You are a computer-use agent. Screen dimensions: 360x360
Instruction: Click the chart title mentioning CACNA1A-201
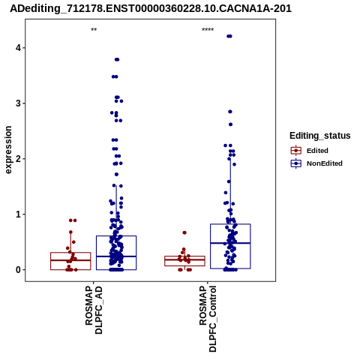(x=151, y=8)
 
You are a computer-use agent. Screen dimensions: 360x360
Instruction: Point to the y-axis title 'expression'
(x=8, y=150)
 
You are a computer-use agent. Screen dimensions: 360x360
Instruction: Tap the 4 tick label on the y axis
(x=18, y=48)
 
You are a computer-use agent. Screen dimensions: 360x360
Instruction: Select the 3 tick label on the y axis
(x=18, y=103)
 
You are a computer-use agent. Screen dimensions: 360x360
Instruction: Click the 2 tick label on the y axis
(x=18, y=159)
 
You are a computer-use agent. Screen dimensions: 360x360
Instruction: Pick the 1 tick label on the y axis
(x=18, y=214)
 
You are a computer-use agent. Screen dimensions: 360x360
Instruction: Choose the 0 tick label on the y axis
(x=18, y=270)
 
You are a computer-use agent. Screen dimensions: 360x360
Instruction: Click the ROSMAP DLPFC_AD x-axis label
(x=94, y=310)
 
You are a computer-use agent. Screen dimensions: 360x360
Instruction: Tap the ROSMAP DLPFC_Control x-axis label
(x=208, y=319)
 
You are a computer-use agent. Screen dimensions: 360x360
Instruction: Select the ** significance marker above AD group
(x=94, y=30)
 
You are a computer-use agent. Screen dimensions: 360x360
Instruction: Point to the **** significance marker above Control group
(x=208, y=30)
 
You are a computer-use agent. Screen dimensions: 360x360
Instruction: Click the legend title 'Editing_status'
(x=320, y=136)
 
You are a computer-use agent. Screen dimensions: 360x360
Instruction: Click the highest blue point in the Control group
(x=229, y=36)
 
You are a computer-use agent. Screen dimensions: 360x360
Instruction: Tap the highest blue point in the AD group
(x=117, y=59)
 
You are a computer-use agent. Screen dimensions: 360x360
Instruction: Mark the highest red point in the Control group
(x=184, y=232)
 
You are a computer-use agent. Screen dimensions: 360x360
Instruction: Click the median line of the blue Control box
(x=230, y=243)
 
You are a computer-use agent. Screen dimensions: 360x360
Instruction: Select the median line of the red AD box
(x=70, y=260)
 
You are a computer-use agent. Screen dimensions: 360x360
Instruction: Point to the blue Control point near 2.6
(x=230, y=124)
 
